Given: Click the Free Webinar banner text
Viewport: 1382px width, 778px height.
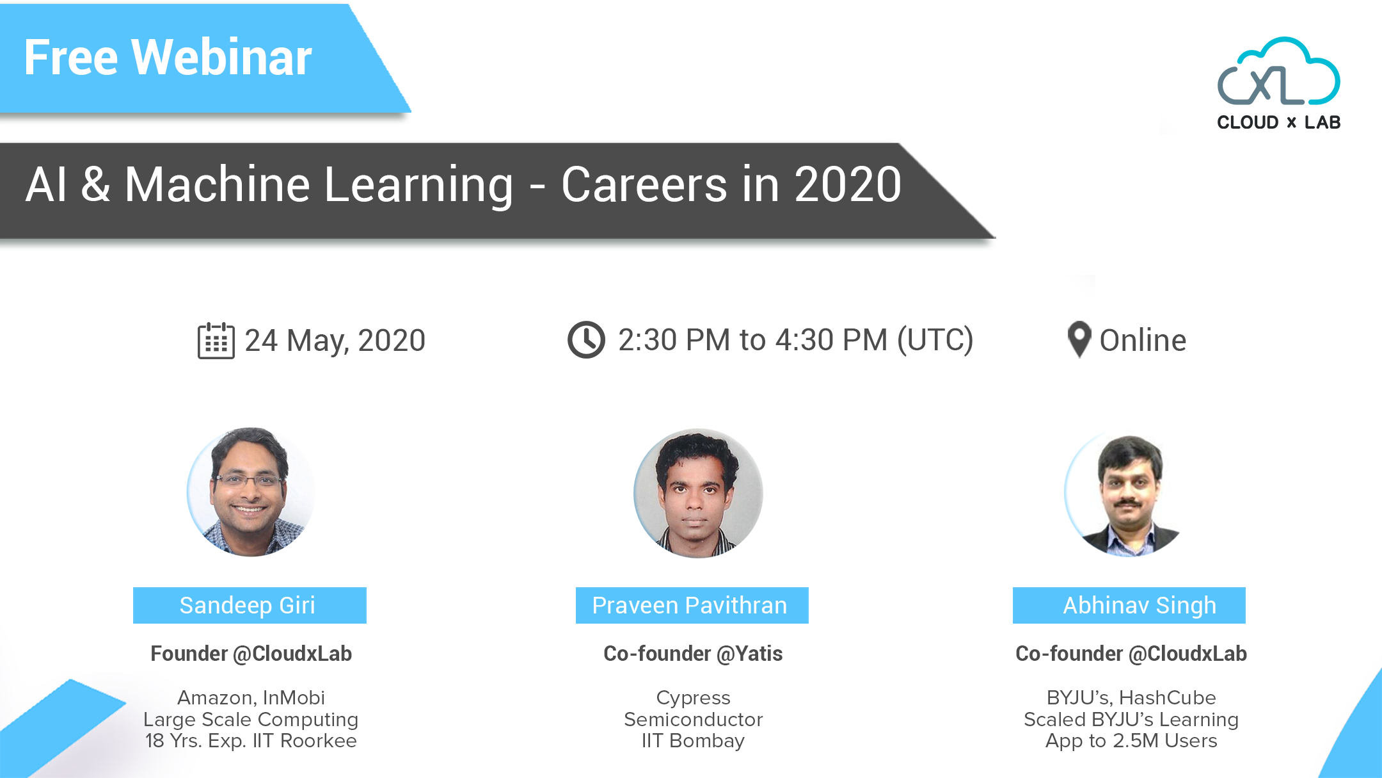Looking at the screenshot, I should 168,58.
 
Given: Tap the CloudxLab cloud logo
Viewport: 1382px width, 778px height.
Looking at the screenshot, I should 1278,72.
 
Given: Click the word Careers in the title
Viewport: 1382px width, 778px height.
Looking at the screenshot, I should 644,185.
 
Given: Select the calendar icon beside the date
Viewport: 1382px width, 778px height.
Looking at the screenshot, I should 216,341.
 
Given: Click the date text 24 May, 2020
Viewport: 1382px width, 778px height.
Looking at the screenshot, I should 335,341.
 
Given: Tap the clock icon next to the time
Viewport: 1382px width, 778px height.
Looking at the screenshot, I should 586,340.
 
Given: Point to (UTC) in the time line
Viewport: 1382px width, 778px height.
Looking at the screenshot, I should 935,340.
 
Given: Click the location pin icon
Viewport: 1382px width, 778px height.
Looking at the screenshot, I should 1079,339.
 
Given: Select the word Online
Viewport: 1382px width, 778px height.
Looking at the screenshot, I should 1143,341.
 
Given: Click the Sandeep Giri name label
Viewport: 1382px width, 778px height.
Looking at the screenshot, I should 249,605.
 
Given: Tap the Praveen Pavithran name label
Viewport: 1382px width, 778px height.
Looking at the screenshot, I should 692,605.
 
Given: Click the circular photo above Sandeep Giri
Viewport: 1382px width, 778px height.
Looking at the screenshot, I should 250,492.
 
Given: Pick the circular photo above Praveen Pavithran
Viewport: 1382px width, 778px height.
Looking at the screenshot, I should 697,493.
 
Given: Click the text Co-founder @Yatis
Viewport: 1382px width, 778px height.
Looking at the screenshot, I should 693,654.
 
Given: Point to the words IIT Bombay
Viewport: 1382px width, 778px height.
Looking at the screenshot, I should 693,741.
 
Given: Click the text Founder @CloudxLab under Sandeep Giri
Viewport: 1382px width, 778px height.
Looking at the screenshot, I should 251,654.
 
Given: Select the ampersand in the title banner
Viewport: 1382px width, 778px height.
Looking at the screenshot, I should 95,185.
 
